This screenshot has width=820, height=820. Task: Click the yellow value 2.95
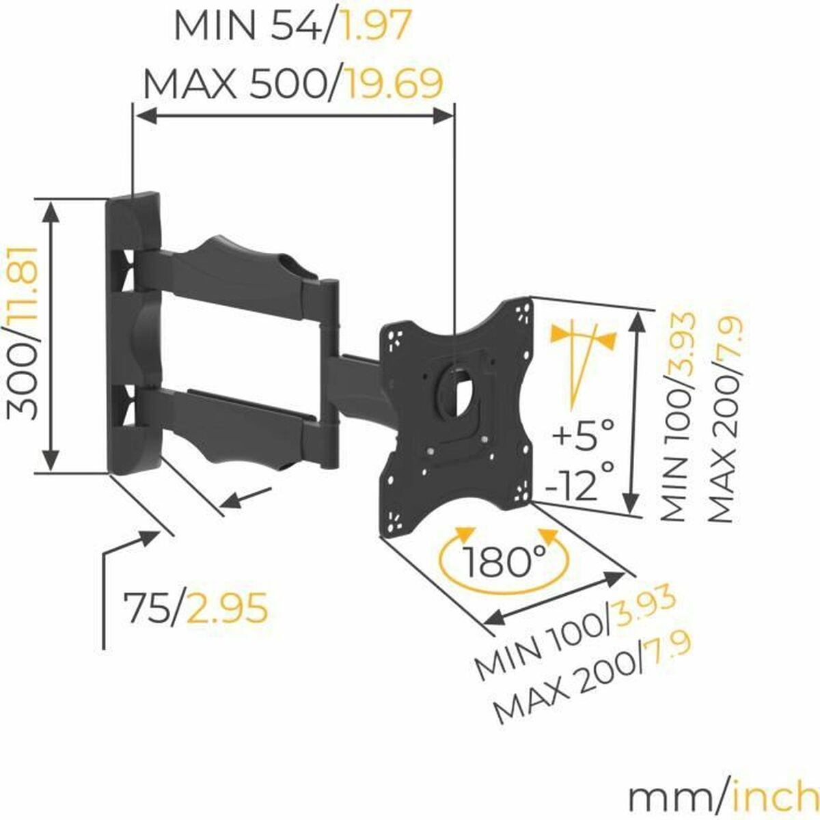pos(228,607)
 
